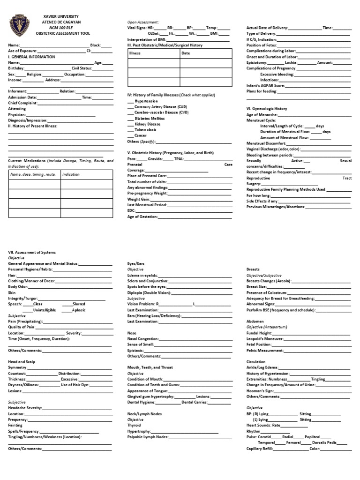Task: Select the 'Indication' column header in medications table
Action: click(x=71, y=174)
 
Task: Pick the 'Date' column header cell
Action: click(x=186, y=53)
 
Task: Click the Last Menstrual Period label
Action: click(x=147, y=205)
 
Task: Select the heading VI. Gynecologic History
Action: click(x=267, y=109)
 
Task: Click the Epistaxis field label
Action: click(x=136, y=350)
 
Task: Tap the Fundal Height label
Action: click(x=260, y=332)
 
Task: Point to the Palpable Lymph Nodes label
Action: click(x=148, y=437)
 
